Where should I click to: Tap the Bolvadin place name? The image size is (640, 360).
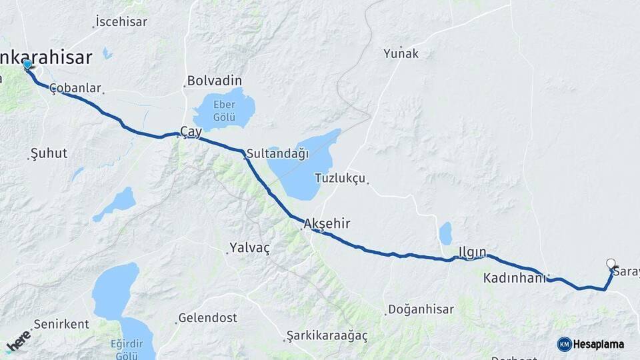(214, 80)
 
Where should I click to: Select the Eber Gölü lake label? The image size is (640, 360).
(224, 111)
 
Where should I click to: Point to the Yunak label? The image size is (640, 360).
(401, 53)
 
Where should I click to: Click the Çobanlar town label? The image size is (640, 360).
(75, 88)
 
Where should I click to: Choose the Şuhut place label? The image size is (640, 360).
(49, 153)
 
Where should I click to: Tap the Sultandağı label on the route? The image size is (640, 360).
(277, 154)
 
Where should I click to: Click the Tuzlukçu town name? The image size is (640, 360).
(340, 179)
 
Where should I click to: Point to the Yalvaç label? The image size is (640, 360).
(249, 248)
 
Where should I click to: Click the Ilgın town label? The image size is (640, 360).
(472, 252)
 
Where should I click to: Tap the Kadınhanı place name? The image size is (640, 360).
(515, 277)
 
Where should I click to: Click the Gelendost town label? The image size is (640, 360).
(207, 318)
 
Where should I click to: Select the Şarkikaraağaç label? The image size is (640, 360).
(327, 335)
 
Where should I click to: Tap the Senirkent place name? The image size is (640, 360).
(61, 325)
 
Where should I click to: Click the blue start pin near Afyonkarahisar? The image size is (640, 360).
(27, 65)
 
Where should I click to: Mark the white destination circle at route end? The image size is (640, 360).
(611, 263)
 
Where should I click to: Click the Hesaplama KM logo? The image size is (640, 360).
(591, 344)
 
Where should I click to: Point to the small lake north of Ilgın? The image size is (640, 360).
(445, 233)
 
